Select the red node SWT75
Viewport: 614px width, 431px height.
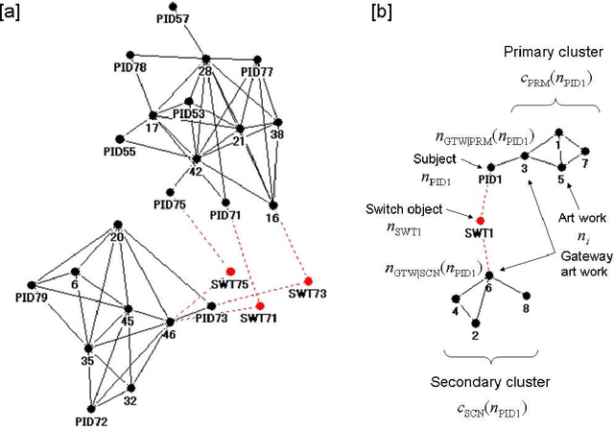pyautogui.click(x=230, y=270)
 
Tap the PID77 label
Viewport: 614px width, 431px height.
pyautogui.click(x=257, y=72)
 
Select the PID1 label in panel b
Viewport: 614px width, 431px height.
pyautogui.click(x=490, y=180)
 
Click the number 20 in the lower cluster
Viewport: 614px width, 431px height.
pyautogui.click(x=116, y=238)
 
